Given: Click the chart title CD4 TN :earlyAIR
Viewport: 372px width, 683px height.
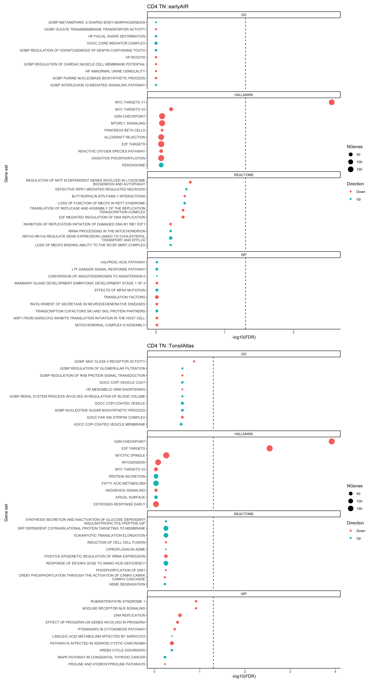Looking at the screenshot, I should pyautogui.click(x=168, y=7).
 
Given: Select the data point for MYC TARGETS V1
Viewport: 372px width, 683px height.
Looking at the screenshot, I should pyautogui.click(x=331, y=102).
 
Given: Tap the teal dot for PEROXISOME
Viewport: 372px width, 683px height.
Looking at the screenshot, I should pyautogui.click(x=161, y=165).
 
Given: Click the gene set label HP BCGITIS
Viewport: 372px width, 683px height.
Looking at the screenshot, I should pyautogui.click(x=135, y=57).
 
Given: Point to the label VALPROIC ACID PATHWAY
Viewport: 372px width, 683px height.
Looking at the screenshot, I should pyautogui.click(x=123, y=262).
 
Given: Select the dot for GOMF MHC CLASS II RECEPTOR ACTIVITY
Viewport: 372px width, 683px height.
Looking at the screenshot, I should pyautogui.click(x=194, y=361).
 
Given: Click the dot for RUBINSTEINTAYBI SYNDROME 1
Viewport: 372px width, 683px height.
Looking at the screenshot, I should pyautogui.click(x=196, y=601).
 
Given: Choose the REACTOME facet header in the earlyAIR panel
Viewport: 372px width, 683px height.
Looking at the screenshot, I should pyautogui.click(x=244, y=175).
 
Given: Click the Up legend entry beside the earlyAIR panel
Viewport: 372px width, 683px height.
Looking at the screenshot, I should pyautogui.click(x=358, y=199).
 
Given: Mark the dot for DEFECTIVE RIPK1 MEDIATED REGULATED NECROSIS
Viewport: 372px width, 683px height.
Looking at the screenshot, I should pyautogui.click(x=186, y=189).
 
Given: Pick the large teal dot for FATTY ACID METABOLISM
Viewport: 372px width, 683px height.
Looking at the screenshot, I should pyautogui.click(x=156, y=483).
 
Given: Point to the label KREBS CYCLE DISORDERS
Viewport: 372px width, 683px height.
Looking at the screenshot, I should pyautogui.click(x=122, y=650).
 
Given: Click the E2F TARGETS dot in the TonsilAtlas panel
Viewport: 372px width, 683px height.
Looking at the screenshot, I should pyautogui.click(x=269, y=448).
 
